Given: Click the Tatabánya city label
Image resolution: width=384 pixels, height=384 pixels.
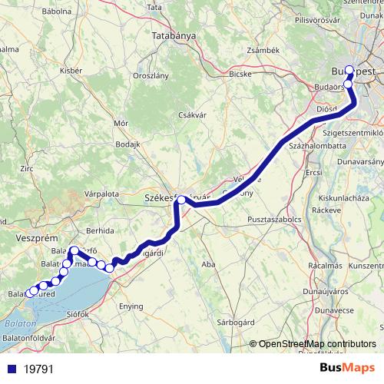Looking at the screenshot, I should pos(173,35).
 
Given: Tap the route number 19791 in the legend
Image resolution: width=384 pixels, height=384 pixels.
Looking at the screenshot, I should pos(38,369).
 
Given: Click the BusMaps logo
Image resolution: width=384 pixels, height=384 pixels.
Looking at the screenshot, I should pos(346,368).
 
